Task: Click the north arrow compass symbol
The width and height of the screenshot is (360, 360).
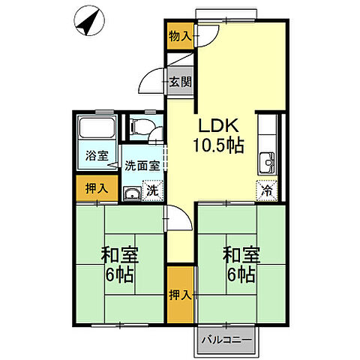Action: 89,21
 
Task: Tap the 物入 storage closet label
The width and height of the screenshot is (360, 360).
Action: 180,37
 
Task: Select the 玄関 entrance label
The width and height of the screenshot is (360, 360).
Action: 181,82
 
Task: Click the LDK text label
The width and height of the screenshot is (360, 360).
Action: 218,126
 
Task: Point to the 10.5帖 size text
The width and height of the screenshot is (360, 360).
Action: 218,145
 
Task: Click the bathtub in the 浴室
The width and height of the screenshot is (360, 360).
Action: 97,127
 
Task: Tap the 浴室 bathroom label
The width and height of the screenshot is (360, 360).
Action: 97,155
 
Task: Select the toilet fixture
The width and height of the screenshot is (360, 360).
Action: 140,126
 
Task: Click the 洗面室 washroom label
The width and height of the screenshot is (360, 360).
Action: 142,165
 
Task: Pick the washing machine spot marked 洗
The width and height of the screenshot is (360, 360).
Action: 152,190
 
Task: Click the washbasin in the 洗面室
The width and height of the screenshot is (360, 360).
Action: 132,193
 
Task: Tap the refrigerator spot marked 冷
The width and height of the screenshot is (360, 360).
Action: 267,190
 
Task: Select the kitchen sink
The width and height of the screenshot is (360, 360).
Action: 267,163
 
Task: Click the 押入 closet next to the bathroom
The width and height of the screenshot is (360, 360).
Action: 97,188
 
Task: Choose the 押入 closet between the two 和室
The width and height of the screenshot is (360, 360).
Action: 180,295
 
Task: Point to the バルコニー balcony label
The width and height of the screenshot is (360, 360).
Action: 227,340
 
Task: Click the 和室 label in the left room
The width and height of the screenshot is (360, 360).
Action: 119,255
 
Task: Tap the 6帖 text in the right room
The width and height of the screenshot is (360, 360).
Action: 241,274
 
